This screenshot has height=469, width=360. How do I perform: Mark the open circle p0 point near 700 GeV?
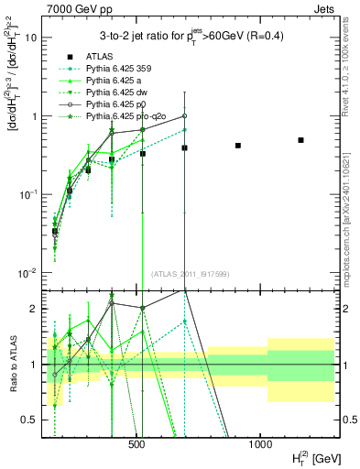tap(184, 116)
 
